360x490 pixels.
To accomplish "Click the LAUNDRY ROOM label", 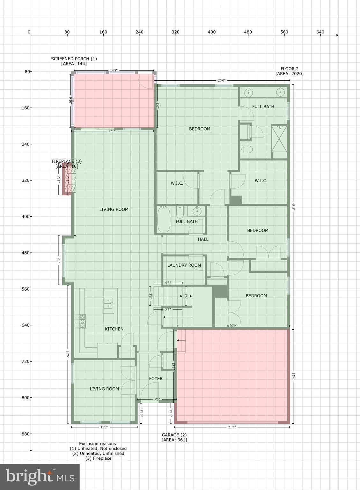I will [184, 265].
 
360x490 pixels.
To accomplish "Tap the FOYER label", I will [156, 379].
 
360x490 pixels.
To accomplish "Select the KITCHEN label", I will [114, 329].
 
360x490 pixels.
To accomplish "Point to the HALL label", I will [203, 239].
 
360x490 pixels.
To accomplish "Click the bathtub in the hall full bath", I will [164, 219].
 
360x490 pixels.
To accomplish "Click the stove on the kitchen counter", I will [80, 321].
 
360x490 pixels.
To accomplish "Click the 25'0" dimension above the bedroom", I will [222, 81].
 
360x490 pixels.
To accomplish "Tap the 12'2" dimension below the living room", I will [104, 427].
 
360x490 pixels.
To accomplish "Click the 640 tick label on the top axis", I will [320, 32].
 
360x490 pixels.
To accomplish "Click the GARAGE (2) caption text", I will [174, 435].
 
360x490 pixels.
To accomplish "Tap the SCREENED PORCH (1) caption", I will [74, 59].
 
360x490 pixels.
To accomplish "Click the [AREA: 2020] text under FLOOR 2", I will [290, 74].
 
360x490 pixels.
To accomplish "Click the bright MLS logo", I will [40, 477].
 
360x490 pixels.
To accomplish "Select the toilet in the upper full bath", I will [246, 149].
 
